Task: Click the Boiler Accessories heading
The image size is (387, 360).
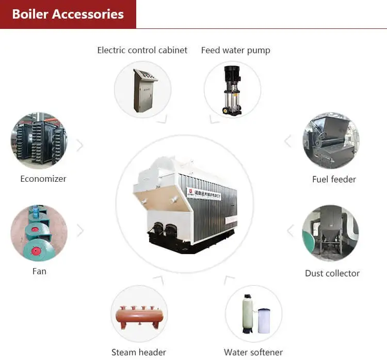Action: coord(68,14)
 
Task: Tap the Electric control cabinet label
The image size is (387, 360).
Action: coord(142,50)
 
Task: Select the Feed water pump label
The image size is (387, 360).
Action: coord(235,50)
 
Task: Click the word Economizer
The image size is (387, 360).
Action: coord(43,179)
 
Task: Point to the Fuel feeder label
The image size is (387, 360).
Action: coord(334,179)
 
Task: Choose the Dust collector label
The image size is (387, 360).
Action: coord(332,273)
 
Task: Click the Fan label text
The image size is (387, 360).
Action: coord(39,271)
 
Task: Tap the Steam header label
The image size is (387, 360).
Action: coord(139,352)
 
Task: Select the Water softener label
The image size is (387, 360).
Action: coord(253,352)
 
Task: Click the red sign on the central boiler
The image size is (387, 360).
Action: coord(190,193)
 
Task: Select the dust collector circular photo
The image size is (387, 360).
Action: coord(330,233)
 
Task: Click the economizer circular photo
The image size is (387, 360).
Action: coord(39,140)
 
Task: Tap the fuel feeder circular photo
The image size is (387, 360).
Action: coord(331,140)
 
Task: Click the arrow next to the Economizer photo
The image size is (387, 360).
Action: coord(80,146)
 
